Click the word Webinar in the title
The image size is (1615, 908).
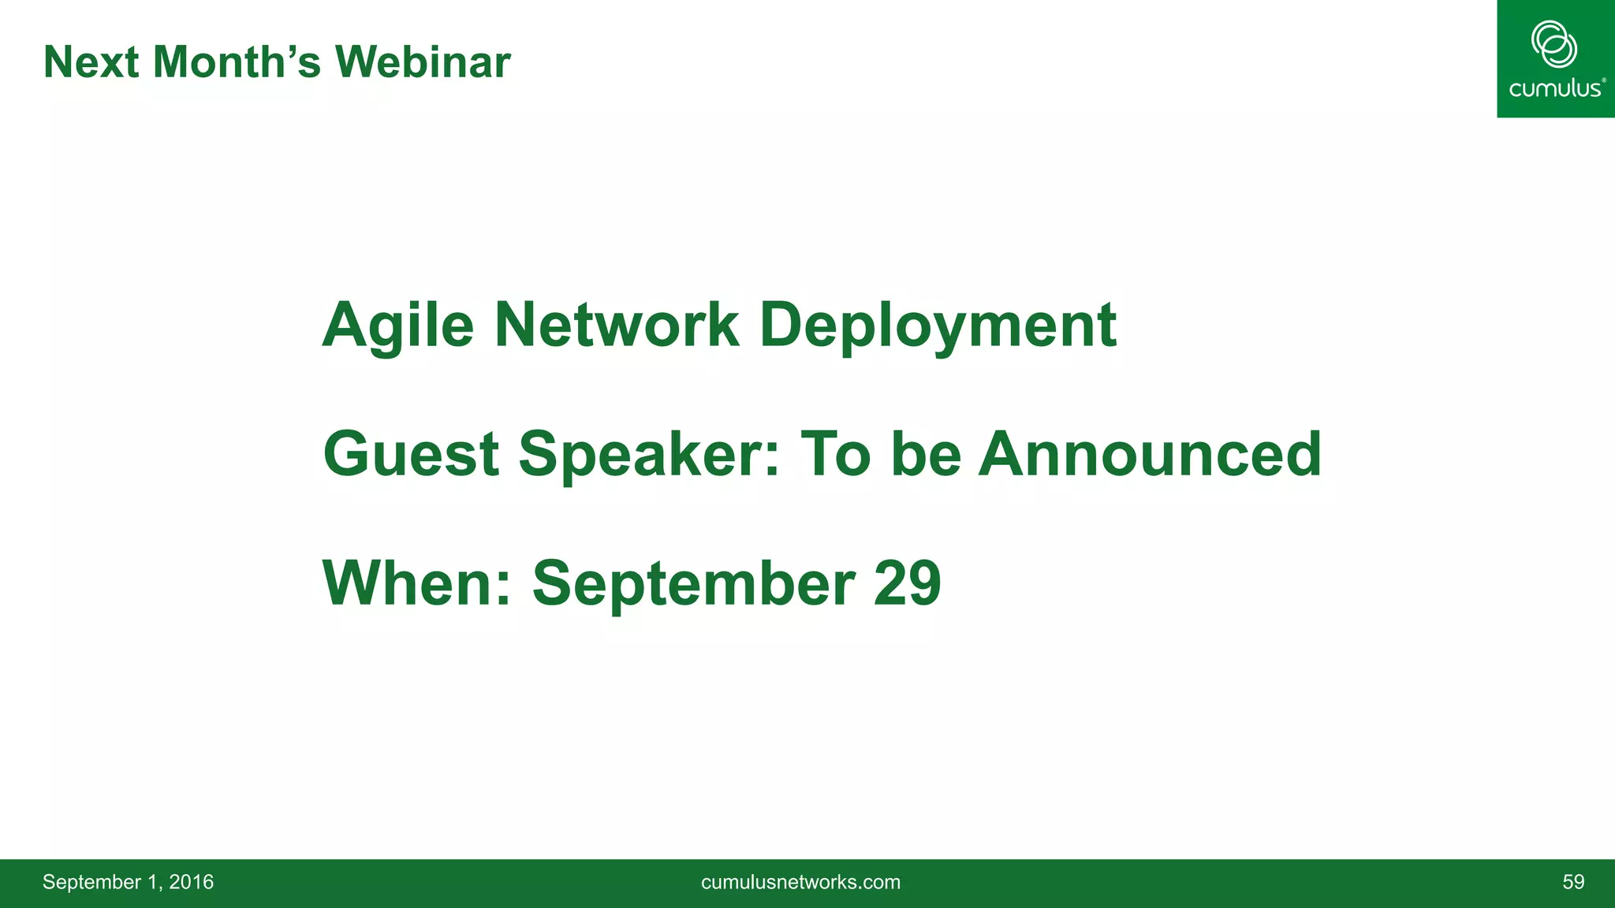(423, 62)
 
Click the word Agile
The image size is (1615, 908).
(398, 326)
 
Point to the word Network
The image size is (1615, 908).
(617, 326)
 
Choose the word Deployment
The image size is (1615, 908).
(938, 326)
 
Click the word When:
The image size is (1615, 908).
(417, 583)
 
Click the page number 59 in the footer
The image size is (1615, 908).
(1573, 882)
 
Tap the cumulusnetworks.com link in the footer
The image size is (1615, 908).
(800, 882)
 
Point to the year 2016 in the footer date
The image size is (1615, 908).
(191, 882)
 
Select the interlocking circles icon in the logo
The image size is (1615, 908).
(1553, 44)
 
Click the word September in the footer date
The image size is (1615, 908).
(91, 883)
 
